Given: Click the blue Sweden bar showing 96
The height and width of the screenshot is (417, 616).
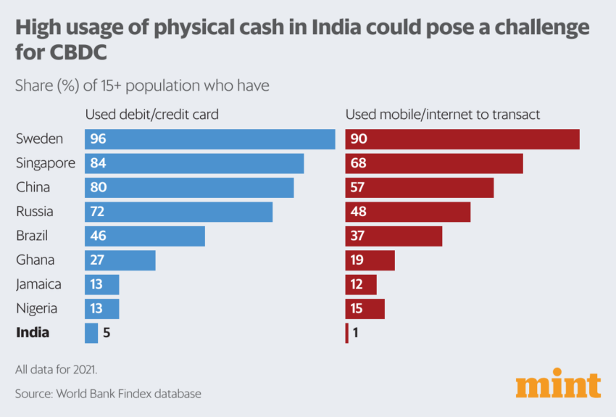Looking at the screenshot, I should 209,139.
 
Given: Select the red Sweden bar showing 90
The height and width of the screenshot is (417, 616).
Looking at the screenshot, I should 462,139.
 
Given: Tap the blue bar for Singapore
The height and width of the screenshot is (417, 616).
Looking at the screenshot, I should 194,163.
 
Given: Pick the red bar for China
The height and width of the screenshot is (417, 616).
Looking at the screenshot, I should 420,187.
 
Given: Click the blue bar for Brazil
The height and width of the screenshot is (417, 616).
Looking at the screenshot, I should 145,236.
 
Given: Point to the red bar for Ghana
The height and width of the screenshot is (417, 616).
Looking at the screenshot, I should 370,260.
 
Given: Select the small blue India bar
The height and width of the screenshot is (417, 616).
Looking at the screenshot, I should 91,333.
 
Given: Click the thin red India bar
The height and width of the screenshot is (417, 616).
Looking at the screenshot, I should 346,333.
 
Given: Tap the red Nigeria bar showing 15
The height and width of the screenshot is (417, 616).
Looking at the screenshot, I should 365,309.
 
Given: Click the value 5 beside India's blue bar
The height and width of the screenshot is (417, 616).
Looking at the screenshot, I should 106,333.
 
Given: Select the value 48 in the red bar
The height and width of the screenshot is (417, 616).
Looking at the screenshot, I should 358,212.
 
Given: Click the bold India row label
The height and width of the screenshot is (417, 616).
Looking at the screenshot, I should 33,333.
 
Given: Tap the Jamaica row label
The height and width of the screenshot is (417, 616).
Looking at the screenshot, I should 38,284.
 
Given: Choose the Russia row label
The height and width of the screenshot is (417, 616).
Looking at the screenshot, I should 34,212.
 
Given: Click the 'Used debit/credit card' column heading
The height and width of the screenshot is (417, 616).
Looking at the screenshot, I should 152,115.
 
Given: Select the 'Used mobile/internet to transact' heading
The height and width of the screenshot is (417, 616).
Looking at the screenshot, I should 443,115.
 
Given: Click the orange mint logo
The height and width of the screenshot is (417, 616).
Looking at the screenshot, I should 558,385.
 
